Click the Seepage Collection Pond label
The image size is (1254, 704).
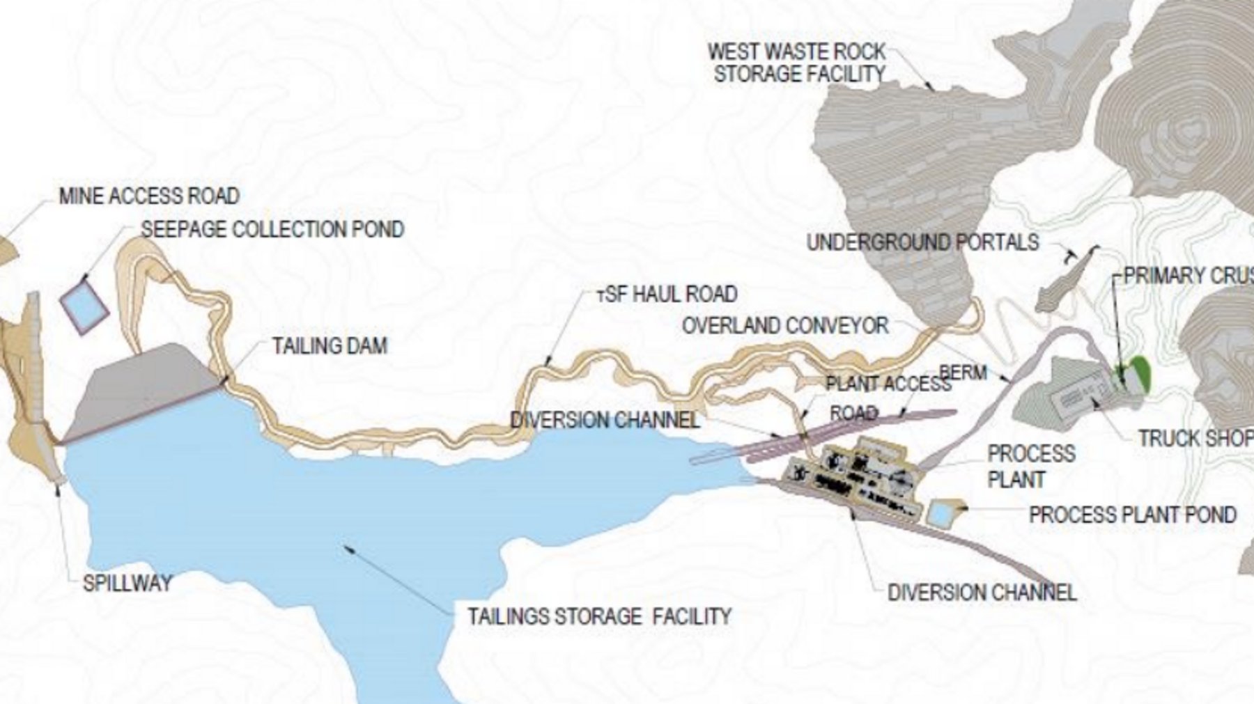272,229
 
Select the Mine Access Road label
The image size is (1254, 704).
149,196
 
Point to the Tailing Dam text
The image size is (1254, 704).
329,345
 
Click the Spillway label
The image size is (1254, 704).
127,583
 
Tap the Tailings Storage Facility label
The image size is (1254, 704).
598,616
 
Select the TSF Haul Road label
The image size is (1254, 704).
667,294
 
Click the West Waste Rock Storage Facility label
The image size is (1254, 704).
797,62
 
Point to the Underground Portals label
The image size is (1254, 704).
922,242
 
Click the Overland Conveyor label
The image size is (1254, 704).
785,325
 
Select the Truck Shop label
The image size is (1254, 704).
1194,438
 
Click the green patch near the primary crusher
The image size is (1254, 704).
1140,373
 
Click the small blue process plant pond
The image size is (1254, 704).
940,514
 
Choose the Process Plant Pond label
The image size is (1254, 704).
1132,515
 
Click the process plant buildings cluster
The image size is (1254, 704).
857,474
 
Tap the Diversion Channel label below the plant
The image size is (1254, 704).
982,593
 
